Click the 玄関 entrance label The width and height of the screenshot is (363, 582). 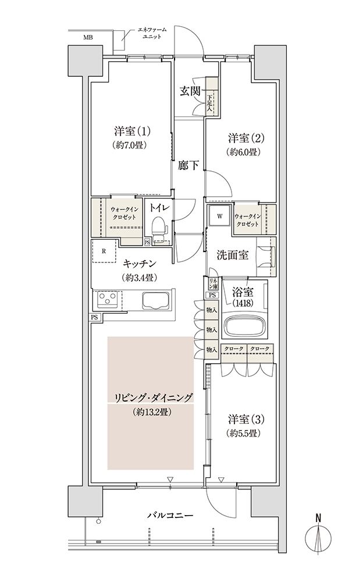point(190,91)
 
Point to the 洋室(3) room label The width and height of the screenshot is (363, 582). point(246,420)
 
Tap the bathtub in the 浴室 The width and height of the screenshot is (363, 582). point(244,325)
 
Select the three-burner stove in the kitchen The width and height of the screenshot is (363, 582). point(107,299)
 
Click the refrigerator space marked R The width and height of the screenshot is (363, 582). point(105,250)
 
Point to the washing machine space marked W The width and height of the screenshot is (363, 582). point(219,217)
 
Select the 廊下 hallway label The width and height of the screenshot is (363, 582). point(188,165)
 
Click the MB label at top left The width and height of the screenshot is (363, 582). point(88,37)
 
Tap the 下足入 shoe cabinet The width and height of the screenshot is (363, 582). point(212,97)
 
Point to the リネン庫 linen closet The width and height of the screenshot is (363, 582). point(213,284)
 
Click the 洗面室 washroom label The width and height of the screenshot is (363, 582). point(233,255)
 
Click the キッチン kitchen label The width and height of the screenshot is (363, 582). point(140,264)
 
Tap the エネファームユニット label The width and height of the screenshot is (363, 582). point(151,33)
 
